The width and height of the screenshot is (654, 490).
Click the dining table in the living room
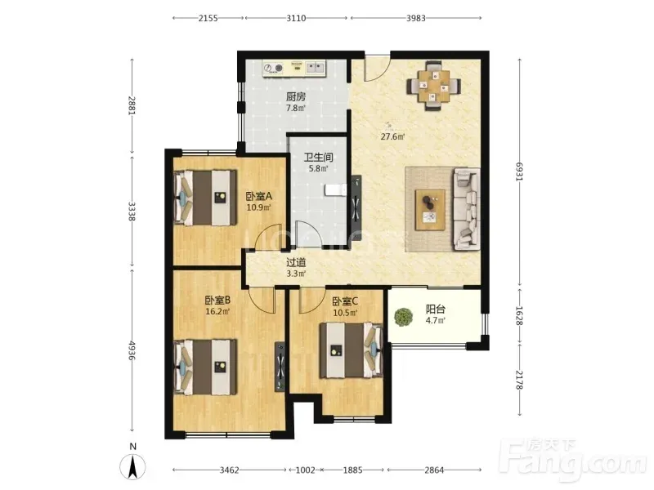[x=434, y=87]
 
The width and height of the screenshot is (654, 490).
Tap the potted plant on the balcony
[x=404, y=318]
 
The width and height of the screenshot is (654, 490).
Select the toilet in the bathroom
[x=335, y=190]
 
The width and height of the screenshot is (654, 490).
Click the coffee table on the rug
[x=431, y=210]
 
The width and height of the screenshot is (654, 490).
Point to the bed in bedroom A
[x=205, y=198]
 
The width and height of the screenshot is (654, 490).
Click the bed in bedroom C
[x=352, y=351]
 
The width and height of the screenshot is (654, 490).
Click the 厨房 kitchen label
[x=296, y=97]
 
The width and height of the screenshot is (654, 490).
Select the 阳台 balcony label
[x=436, y=310]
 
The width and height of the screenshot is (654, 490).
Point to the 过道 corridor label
[x=296, y=262]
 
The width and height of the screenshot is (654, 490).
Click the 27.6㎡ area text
[x=392, y=136]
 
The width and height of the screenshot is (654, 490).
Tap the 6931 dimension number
[x=519, y=171]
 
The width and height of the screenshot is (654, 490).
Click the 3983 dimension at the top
[x=416, y=18]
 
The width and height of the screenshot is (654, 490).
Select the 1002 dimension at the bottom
[x=305, y=470]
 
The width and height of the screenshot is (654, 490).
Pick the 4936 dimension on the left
[x=132, y=351]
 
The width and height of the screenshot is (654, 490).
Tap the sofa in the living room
[x=466, y=209]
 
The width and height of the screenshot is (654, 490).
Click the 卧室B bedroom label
[x=217, y=300]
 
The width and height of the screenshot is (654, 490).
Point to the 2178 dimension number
[x=519, y=380]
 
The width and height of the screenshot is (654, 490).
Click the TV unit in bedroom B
[x=280, y=367]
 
